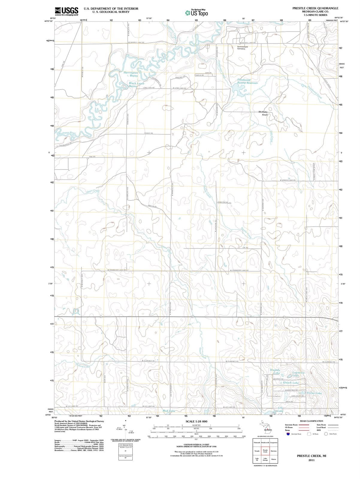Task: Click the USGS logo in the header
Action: coord(67,11)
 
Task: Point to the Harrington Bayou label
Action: coord(131,74)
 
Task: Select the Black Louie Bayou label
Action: coord(137,85)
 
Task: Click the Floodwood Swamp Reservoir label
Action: coord(247,81)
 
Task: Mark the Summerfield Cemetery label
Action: coord(242,48)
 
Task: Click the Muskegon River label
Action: coord(66,133)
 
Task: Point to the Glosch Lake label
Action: coord(291,383)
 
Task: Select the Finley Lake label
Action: coord(314,393)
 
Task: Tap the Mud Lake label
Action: coord(168,411)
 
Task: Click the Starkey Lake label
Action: coord(275,372)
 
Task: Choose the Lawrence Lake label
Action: coord(298,374)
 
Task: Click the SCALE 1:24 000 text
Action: coord(196,421)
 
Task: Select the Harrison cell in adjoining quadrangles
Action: coord(273,451)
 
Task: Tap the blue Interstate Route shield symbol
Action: coord(288,434)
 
